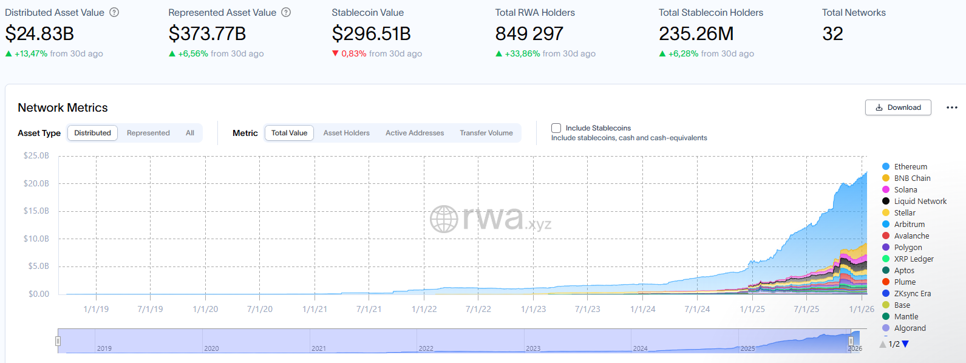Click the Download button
[x=898, y=107]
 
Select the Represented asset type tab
[x=148, y=133]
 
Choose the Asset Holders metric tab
[x=346, y=133]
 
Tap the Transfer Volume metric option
[x=486, y=133]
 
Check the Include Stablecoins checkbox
[x=556, y=128]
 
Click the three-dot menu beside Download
[x=951, y=107]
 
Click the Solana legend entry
[x=905, y=190]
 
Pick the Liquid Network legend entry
[x=919, y=202]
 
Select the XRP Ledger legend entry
[x=913, y=259]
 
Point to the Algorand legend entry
[x=910, y=328]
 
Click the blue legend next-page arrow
[x=905, y=344]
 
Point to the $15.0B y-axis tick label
[x=36, y=211]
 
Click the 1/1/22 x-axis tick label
[x=424, y=309]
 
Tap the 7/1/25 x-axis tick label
[x=806, y=309]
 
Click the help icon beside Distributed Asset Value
[x=114, y=12]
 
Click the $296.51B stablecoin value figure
[x=371, y=34]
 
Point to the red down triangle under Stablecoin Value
[x=335, y=53]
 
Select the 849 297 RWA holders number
[x=529, y=34]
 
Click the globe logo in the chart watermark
[x=444, y=219]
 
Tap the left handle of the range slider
[x=58, y=341]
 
